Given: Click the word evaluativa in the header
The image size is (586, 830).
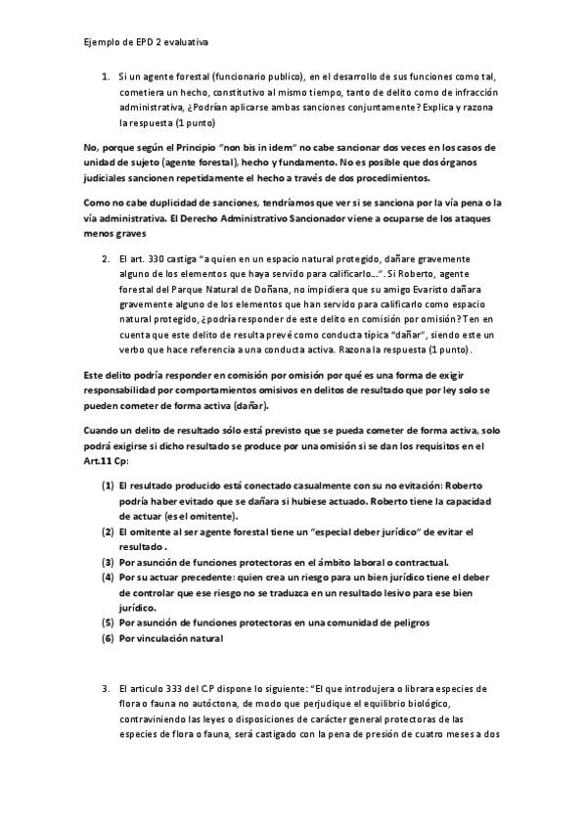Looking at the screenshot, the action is tap(184, 42).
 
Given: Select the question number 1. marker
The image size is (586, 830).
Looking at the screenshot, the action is tap(106, 74).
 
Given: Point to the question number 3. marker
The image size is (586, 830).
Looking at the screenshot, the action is tap(106, 689).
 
